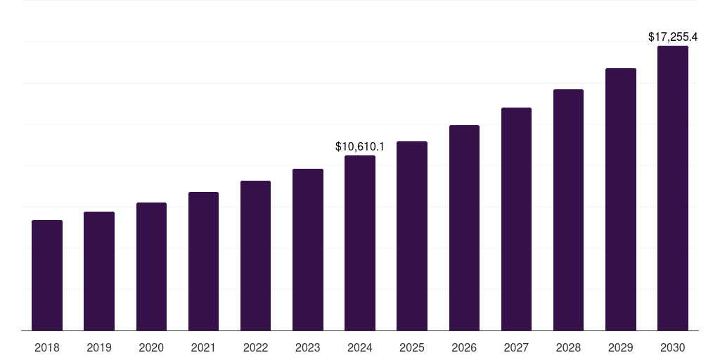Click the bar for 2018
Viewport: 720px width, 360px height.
pyautogui.click(x=47, y=276)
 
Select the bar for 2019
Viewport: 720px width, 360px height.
pyautogui.click(x=99, y=271)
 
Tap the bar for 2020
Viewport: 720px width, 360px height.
pyautogui.click(x=151, y=266)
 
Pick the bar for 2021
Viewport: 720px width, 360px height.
pyautogui.click(x=203, y=262)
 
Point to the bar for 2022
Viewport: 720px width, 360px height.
pyautogui.click(x=255, y=256)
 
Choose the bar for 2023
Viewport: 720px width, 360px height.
pyautogui.click(x=308, y=250)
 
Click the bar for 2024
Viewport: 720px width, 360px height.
pyautogui.click(x=360, y=243)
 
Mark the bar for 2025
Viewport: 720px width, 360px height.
pyautogui.click(x=412, y=236)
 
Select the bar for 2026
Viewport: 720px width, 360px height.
pyautogui.click(x=464, y=228)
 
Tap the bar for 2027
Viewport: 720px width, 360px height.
pyautogui.click(x=516, y=219)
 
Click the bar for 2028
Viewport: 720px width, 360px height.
pyautogui.click(x=568, y=210)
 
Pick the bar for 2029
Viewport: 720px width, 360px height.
pyautogui.click(x=621, y=200)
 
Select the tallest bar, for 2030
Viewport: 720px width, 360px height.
pyautogui.click(x=673, y=188)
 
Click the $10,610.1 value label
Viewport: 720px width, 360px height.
pyautogui.click(x=360, y=147)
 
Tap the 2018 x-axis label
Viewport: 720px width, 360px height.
pyautogui.click(x=47, y=347)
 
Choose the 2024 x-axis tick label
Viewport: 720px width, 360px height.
pyautogui.click(x=360, y=347)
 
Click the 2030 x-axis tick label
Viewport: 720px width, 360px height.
pyautogui.click(x=673, y=347)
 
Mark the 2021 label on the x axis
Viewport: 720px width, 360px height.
pyautogui.click(x=203, y=347)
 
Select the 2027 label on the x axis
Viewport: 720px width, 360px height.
pyautogui.click(x=516, y=347)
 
